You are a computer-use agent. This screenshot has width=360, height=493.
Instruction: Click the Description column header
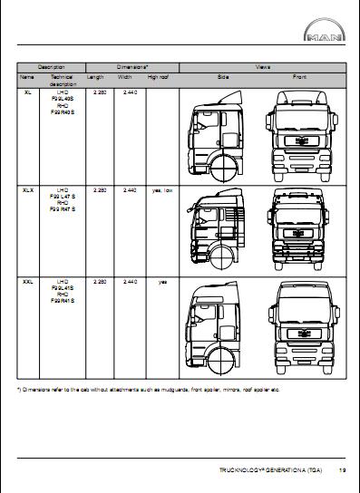point(52,68)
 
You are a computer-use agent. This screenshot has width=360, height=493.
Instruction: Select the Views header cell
point(263,68)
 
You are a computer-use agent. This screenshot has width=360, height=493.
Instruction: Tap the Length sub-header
point(95,78)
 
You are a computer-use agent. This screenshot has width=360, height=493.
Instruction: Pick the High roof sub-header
point(160,78)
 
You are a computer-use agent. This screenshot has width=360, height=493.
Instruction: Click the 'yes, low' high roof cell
point(161,190)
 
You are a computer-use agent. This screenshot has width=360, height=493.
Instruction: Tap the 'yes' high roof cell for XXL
point(162,283)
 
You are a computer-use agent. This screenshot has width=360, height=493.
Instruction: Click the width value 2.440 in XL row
point(129,92)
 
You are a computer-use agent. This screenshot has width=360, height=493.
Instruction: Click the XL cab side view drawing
point(218,136)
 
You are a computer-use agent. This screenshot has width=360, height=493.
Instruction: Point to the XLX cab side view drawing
point(218,231)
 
